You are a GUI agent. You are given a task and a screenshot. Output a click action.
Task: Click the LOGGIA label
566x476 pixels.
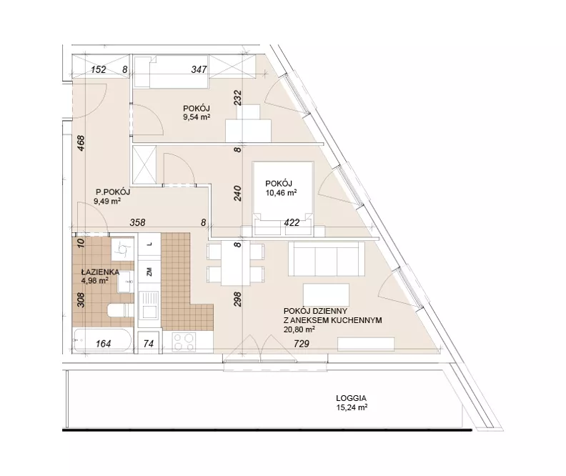click(351, 398)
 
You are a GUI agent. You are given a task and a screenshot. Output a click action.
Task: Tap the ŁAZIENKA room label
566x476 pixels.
click(100, 272)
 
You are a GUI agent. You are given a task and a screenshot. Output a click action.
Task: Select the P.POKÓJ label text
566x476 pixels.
click(113, 192)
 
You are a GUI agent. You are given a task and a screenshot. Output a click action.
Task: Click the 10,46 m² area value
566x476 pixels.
click(281, 193)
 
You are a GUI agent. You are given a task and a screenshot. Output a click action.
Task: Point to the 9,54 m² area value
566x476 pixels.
click(197, 117)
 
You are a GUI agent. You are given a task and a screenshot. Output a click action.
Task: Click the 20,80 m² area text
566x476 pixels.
click(299, 329)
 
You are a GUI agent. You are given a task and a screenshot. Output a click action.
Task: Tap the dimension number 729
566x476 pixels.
click(302, 344)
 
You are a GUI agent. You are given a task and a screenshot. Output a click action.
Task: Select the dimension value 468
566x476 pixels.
click(81, 143)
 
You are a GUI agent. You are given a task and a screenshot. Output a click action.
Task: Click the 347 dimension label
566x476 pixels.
click(199, 69)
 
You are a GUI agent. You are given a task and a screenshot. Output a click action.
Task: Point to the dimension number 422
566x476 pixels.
click(292, 223)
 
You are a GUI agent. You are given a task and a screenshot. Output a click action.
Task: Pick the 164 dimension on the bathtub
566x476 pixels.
click(103, 344)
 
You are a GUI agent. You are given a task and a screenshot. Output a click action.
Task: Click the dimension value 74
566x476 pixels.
click(149, 344)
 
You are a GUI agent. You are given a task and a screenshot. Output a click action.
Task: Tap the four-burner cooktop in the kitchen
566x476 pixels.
click(184, 342)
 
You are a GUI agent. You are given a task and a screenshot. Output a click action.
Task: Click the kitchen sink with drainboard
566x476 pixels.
click(149, 305)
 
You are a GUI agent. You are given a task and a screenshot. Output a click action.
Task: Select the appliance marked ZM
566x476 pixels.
click(149, 272)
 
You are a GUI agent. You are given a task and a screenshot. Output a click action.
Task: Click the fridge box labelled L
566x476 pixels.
click(149, 244)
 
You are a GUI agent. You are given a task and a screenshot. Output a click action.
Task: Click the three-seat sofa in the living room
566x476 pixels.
click(327, 259)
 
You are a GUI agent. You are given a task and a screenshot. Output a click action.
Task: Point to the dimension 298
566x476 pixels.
click(237, 299)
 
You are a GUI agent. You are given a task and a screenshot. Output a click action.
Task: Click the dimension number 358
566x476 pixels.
click(137, 223)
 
